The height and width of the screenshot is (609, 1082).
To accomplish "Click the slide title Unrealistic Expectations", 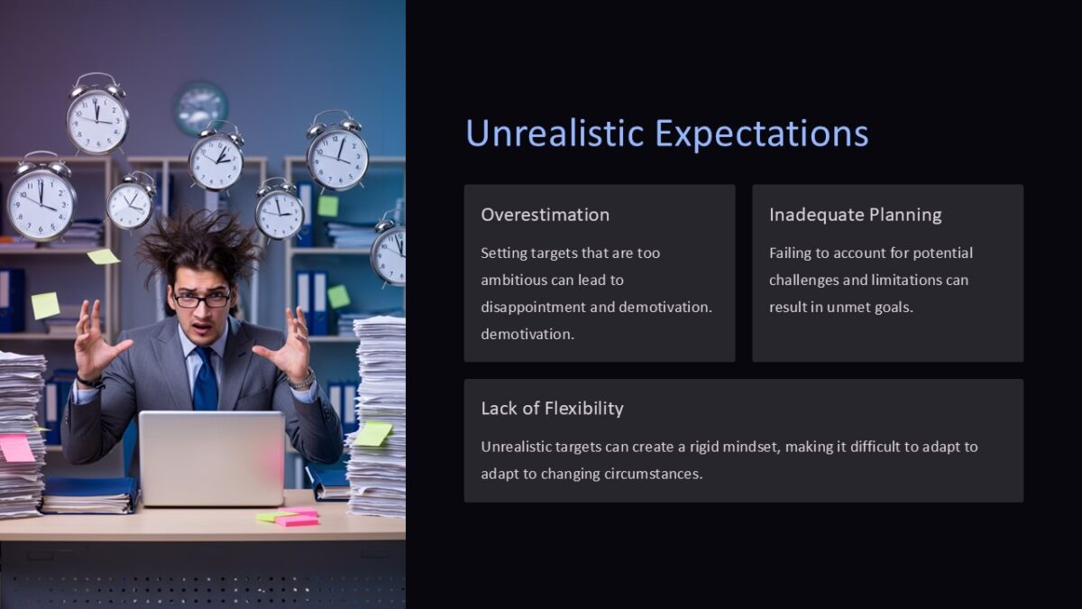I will click(666, 134).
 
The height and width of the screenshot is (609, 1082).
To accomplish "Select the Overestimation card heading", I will click(545, 215).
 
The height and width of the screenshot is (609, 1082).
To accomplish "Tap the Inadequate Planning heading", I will click(855, 215).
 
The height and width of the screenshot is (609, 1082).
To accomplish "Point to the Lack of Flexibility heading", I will click(552, 409).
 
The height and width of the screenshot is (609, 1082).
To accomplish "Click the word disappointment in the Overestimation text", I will click(533, 307).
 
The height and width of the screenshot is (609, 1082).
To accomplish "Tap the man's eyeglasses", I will click(202, 299).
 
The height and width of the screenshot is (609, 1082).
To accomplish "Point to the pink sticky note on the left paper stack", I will click(16, 448).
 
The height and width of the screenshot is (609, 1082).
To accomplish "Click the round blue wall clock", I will click(200, 107).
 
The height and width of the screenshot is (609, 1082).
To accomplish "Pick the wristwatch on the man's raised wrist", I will click(303, 379).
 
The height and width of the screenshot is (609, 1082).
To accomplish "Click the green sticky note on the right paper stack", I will click(373, 434).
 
